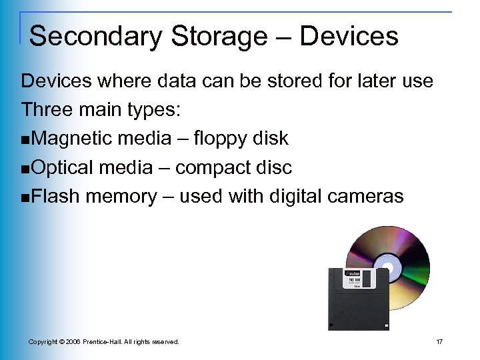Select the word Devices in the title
tap(349, 36)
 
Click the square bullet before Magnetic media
tap(25, 140)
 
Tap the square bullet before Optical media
tap(25, 169)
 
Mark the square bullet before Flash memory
tap(25, 197)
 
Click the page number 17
tap(439, 342)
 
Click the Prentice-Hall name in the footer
tap(109, 342)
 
